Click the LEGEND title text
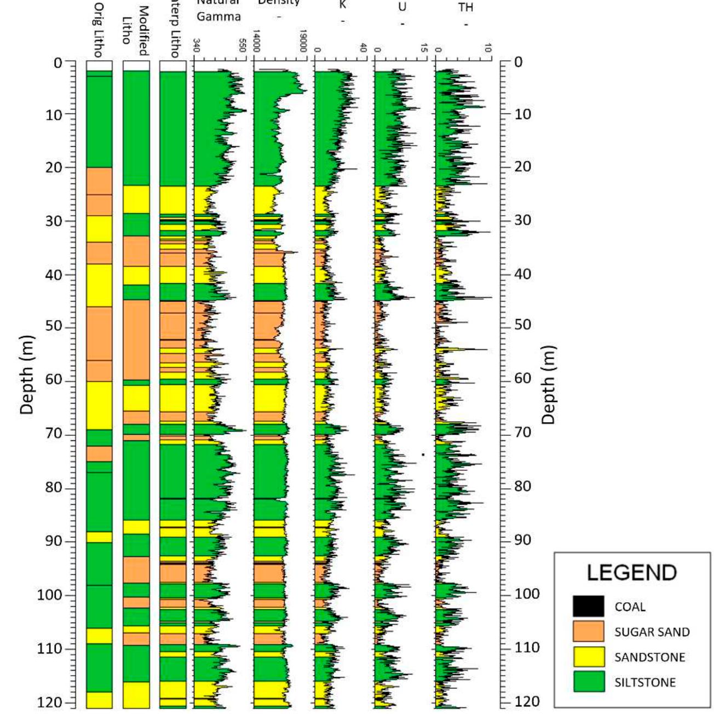[631, 573]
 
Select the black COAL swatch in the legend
[589, 607]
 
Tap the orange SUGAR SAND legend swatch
[589, 632]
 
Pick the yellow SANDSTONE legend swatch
[589, 657]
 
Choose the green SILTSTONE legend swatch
[589, 682]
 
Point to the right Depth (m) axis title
[548, 384]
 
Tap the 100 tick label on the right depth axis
[527, 594]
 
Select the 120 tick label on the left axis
[50, 703]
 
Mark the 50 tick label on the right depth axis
[523, 325]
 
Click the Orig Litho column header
[99, 30]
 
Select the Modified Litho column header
[135, 30]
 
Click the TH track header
[465, 8]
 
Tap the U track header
[402, 8]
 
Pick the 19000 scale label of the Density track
[303, 41]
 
